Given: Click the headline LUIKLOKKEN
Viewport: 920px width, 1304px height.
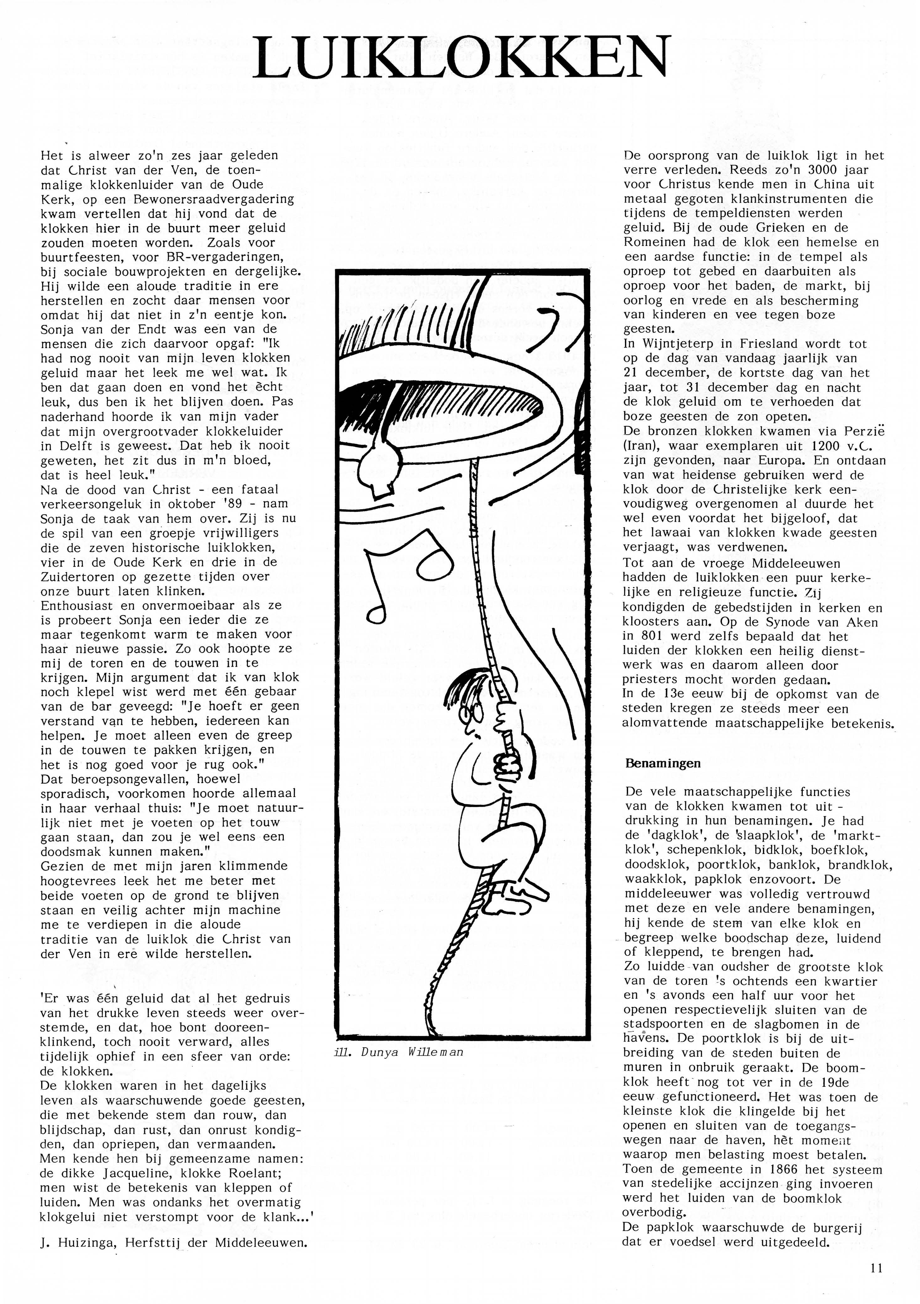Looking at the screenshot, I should pyautogui.click(x=461, y=58).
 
